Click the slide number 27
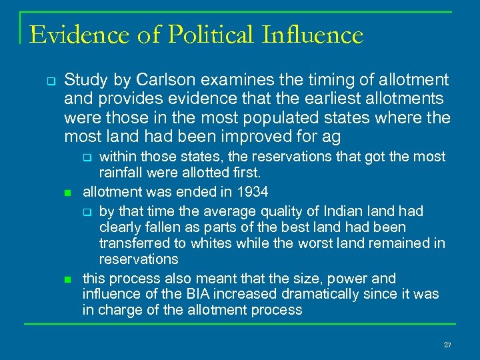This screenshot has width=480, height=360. tap(447, 345)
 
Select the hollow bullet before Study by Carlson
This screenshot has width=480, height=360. tap(50, 81)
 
